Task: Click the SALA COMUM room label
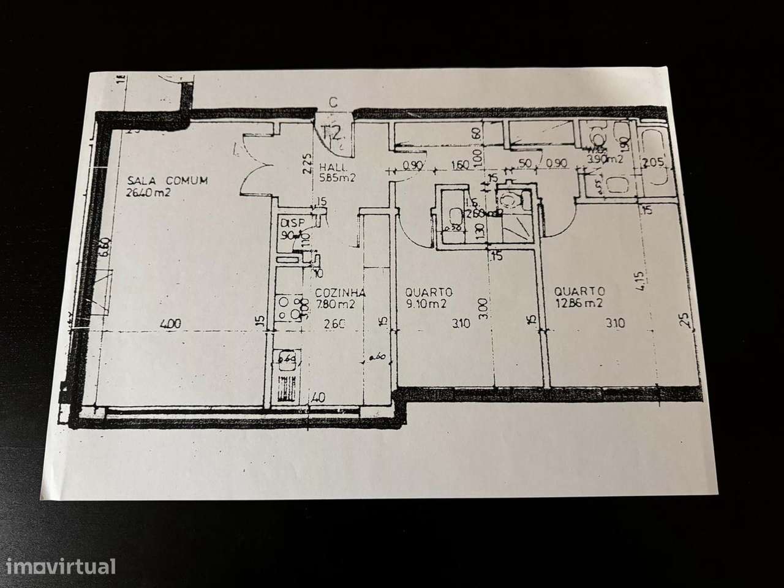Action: (167, 181)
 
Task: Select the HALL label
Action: (334, 167)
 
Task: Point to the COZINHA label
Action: (341, 292)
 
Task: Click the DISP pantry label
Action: (287, 224)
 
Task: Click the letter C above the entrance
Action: (333, 103)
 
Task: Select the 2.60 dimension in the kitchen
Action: (334, 325)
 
